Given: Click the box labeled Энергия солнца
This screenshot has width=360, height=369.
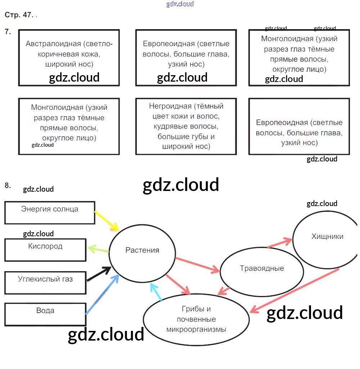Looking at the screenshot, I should pyautogui.click(x=50, y=213).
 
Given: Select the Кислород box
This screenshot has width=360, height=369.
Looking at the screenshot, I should pyautogui.click(x=45, y=250).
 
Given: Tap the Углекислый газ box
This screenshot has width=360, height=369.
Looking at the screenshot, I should pyautogui.click(x=45, y=282).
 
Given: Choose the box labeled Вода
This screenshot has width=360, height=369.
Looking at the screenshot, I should pyautogui.click(x=45, y=314).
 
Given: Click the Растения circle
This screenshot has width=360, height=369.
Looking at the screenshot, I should pyautogui.click(x=142, y=250).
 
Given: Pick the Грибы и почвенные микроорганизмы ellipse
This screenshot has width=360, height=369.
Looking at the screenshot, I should pyautogui.click(x=196, y=319).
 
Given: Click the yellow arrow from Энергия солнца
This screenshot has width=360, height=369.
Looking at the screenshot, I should pyautogui.click(x=107, y=221).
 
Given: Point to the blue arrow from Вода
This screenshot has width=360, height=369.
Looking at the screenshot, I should pyautogui.click(x=103, y=294).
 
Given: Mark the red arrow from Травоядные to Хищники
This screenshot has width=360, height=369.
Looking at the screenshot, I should pyautogui.click(x=280, y=243).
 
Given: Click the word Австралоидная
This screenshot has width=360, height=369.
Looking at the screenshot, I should pyautogui.click(x=53, y=44).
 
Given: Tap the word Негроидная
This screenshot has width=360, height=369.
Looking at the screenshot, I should pyautogui.click(x=170, y=106).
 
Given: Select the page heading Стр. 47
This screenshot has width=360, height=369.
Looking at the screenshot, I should pyautogui.click(x=19, y=15).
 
